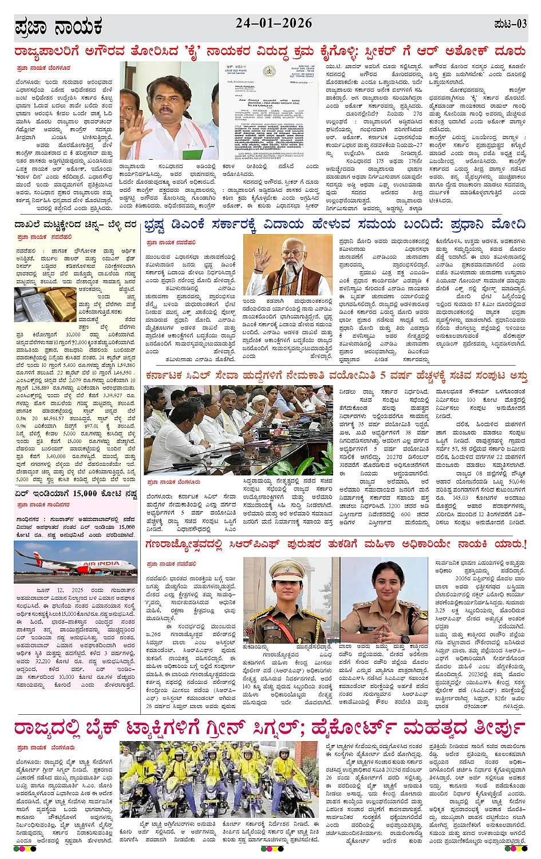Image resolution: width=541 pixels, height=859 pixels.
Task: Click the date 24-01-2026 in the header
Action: pyautogui.click(x=274, y=23)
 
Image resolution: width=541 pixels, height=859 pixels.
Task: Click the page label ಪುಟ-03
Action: pyautogui.click(x=510, y=24)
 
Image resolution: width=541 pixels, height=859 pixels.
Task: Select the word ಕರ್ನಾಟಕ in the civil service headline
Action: pyautogui.click(x=170, y=376)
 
